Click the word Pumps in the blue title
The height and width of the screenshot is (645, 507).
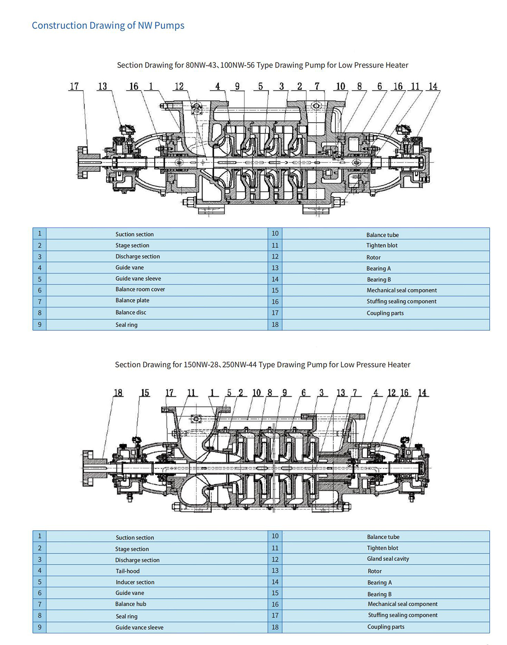[169, 26]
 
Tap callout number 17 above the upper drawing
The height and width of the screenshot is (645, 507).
[74, 86]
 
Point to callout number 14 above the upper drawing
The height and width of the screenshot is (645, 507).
[433, 86]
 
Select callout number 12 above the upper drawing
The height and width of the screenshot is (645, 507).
[179, 86]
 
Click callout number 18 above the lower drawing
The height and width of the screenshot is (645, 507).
[118, 392]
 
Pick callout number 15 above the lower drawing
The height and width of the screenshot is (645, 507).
[145, 392]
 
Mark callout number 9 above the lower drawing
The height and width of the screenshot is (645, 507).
[284, 392]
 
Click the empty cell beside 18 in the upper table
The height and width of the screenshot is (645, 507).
[386, 324]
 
